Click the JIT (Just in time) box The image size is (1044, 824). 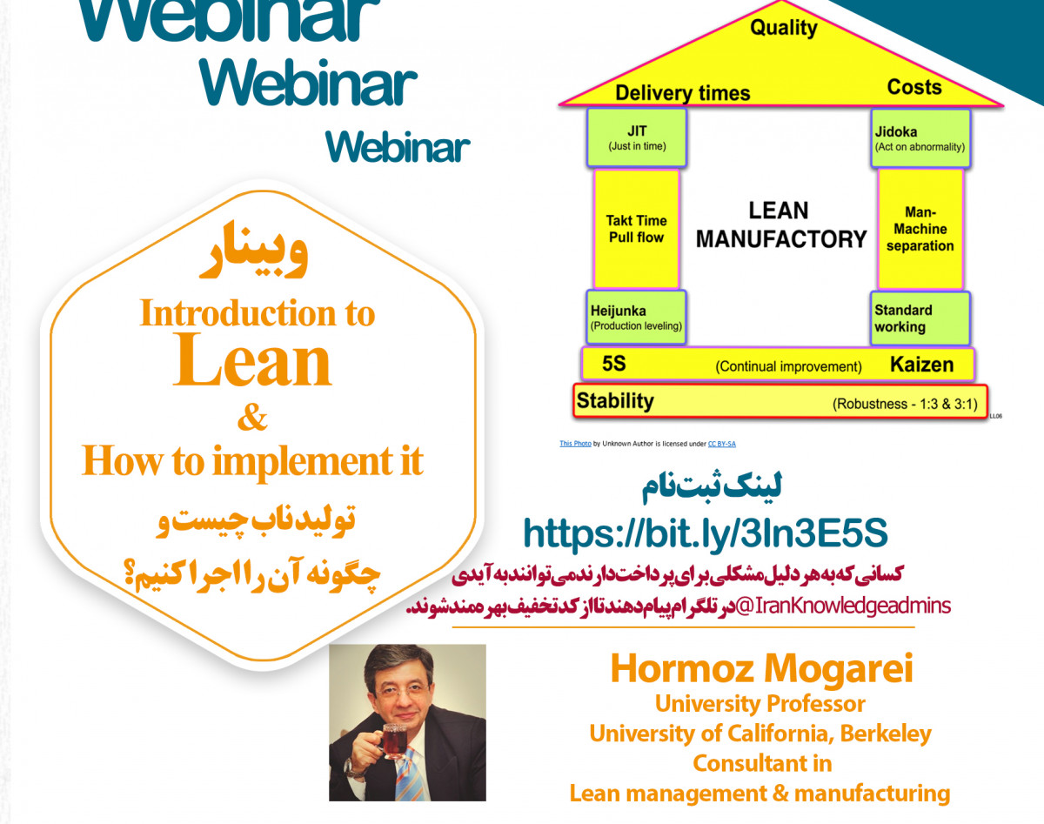click(x=637, y=137)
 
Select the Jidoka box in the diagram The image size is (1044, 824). click(x=920, y=139)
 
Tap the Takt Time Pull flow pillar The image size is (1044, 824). click(x=636, y=229)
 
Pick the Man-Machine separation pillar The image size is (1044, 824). click(x=920, y=229)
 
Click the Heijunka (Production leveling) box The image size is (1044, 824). click(x=636, y=318)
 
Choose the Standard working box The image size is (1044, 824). click(x=920, y=318)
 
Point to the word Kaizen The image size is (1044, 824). click(x=921, y=365)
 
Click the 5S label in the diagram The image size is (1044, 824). click(x=613, y=364)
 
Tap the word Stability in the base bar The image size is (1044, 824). click(x=615, y=401)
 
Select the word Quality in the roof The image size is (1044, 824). click(x=784, y=28)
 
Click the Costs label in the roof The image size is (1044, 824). click(x=914, y=87)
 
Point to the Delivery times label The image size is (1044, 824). click(x=683, y=93)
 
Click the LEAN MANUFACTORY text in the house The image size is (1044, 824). click(x=781, y=224)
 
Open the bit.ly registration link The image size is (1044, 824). click(x=706, y=533)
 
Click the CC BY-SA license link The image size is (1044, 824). click(x=722, y=444)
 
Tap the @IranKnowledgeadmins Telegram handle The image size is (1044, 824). click(x=843, y=606)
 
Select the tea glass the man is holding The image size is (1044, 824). click(x=394, y=741)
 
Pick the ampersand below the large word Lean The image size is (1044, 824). click(x=252, y=417)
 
